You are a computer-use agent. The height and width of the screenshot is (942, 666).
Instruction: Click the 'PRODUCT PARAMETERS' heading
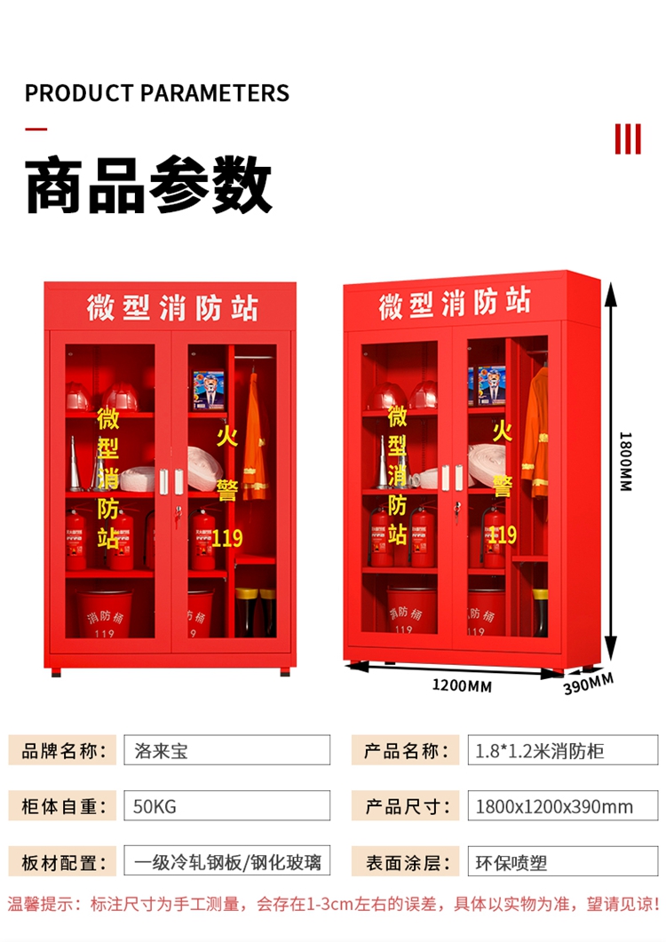click(157, 92)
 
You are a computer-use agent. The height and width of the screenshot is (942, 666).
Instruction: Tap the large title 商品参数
click(148, 185)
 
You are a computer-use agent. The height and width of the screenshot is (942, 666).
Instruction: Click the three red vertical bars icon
click(628, 139)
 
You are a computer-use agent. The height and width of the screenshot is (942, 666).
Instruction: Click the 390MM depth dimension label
click(588, 684)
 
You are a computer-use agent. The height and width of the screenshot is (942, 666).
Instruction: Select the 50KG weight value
click(155, 806)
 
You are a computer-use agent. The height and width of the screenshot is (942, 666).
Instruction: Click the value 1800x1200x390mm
click(554, 806)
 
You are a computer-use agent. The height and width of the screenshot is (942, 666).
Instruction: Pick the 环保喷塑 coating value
click(507, 861)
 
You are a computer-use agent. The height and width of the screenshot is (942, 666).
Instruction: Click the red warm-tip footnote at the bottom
click(333, 905)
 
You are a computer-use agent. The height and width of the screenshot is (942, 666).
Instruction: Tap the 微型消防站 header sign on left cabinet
click(171, 307)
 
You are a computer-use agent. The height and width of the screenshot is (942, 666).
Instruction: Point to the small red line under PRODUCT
click(36, 129)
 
